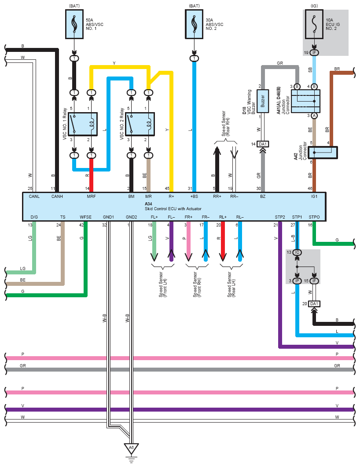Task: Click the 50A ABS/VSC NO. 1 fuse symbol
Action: (x=74, y=24)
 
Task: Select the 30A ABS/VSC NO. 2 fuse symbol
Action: (x=194, y=24)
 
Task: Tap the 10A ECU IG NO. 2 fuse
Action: (x=314, y=24)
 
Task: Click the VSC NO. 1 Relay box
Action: (x=83, y=124)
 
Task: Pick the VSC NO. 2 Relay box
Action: (x=140, y=124)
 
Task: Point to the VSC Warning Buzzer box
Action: (x=263, y=101)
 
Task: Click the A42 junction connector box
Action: (x=323, y=153)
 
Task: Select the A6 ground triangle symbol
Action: (x=131, y=449)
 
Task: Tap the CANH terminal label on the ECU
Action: (x=57, y=196)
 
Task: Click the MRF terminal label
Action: (x=91, y=196)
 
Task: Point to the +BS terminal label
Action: (x=194, y=196)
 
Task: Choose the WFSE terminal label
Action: (x=85, y=217)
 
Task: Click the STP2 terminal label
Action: (x=280, y=217)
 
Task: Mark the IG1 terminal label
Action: (x=314, y=196)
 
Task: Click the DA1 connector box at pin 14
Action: (x=263, y=144)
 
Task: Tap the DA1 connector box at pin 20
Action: (x=314, y=304)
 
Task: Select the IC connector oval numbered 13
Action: (x=297, y=252)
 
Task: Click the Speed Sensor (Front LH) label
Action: (x=163, y=284)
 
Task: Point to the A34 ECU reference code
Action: (x=148, y=204)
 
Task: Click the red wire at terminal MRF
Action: (x=91, y=175)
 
